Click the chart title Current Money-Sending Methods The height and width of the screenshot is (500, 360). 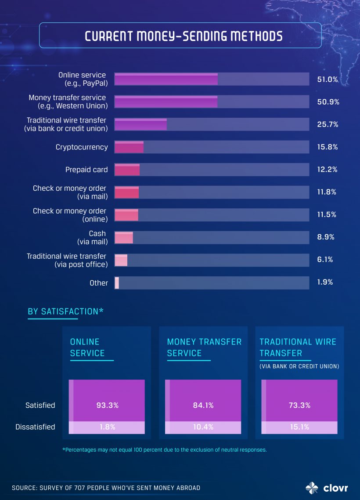click(184, 36)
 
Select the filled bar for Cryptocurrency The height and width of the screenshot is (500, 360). click(129, 147)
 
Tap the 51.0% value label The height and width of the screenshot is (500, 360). click(327, 80)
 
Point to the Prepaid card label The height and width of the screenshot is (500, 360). click(86, 170)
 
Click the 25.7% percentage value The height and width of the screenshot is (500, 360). click(327, 124)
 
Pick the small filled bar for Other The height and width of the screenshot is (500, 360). click(117, 283)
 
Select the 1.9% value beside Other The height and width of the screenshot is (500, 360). click(325, 282)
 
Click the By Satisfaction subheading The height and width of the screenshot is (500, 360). click(65, 312)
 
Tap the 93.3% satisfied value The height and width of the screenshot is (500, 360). click(108, 405)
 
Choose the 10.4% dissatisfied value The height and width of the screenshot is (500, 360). click(203, 427)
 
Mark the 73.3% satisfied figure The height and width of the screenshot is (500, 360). click(299, 405)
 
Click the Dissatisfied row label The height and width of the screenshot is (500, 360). click(35, 427)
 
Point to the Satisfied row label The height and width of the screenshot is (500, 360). click(40, 405)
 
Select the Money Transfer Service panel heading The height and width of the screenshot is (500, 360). click(204, 347)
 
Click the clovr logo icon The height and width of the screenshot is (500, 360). click(313, 488)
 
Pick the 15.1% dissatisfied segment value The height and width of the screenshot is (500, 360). click(299, 427)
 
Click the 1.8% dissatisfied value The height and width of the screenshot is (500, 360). click(108, 427)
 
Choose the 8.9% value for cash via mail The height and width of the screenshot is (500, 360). click(325, 237)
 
